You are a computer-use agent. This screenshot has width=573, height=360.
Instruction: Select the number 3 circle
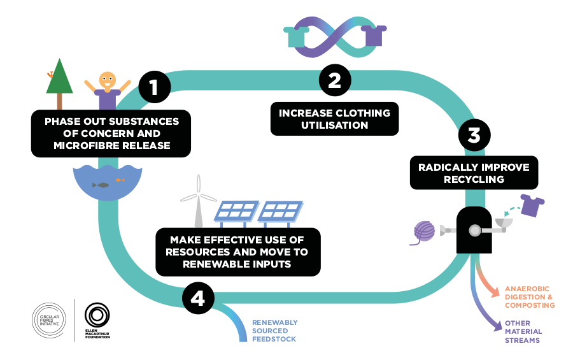(x=474, y=136)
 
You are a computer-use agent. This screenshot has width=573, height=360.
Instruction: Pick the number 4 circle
(x=197, y=299)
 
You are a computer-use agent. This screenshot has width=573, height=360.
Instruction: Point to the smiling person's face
(x=108, y=82)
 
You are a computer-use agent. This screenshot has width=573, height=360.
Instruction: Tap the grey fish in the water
(x=101, y=185)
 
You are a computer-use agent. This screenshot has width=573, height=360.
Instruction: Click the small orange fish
(x=120, y=180)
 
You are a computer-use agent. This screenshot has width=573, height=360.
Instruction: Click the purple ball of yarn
(x=424, y=231)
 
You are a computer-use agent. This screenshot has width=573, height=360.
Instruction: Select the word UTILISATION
(x=334, y=125)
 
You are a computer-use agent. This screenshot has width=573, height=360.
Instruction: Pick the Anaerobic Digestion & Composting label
(x=530, y=297)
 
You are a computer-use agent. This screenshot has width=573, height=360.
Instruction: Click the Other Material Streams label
(x=523, y=331)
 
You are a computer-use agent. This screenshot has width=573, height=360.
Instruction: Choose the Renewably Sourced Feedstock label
(x=274, y=331)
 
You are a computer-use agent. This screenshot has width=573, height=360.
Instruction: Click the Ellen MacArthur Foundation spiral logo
(x=97, y=315)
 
